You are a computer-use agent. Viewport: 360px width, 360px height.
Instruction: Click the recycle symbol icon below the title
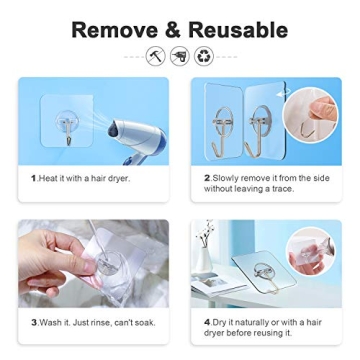[x=204, y=57]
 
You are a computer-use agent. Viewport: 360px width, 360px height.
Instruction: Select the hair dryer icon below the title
[x=180, y=57]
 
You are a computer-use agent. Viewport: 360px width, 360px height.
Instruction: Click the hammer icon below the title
[x=156, y=57]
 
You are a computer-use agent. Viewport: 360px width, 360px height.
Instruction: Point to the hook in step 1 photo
[x=67, y=128]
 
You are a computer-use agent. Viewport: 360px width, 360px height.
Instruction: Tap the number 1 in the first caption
[x=33, y=177]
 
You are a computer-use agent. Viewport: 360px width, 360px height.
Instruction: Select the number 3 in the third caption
[x=33, y=322]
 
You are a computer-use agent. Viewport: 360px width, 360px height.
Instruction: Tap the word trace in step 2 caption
[x=282, y=186]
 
